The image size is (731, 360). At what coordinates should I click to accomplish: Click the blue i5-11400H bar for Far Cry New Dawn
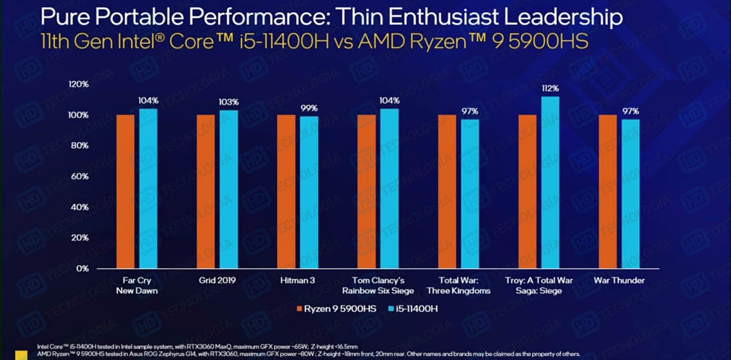(x=148, y=189)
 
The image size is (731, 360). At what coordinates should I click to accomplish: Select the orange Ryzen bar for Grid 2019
(x=206, y=191)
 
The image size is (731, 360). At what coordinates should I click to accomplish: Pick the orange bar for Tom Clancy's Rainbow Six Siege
(x=366, y=191)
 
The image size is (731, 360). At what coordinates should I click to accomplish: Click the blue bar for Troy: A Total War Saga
(x=550, y=182)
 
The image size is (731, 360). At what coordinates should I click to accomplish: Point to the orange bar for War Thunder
(x=608, y=191)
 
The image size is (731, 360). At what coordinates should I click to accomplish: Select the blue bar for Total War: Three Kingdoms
(x=470, y=194)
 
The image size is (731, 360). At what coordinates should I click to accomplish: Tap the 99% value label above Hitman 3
(x=310, y=108)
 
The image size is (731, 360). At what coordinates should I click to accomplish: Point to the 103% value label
(x=228, y=102)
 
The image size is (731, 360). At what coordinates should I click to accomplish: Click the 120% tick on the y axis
(x=79, y=84)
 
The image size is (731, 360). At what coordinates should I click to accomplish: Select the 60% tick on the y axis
(x=80, y=176)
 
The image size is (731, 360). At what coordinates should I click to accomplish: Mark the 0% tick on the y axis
(x=82, y=268)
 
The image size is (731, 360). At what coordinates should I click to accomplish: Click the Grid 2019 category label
(x=217, y=281)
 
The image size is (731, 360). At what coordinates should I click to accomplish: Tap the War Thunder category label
(x=619, y=281)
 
